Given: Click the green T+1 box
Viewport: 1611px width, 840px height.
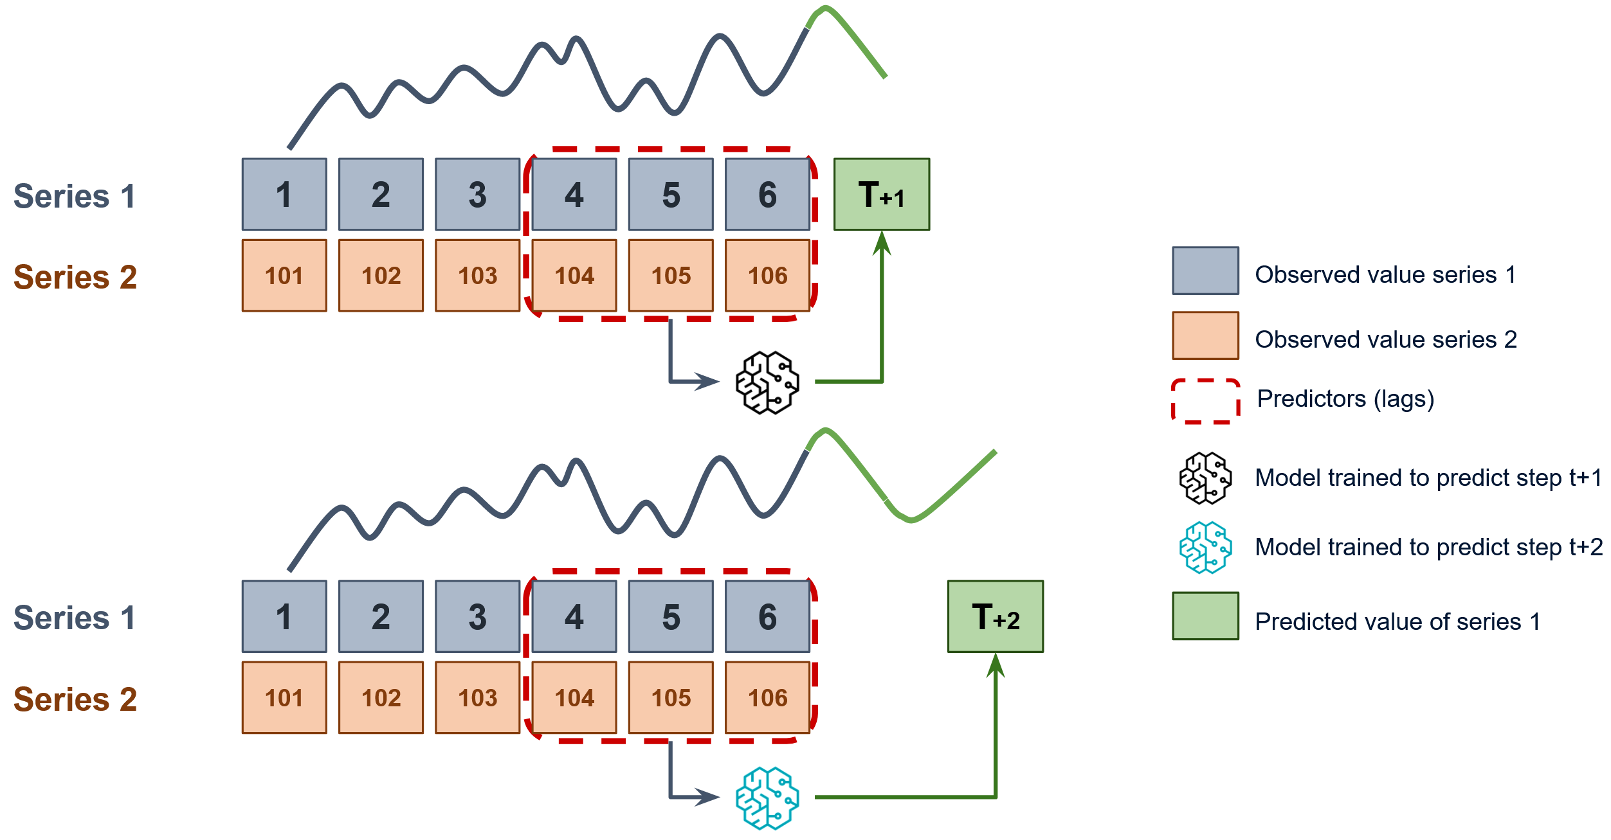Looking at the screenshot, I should click(x=881, y=194).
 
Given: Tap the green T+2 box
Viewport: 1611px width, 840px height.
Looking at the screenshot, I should click(x=995, y=616).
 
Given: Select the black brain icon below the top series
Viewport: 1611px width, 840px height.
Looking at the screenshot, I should click(x=767, y=382).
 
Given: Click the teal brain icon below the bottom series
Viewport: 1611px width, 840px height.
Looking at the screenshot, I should click(x=767, y=798).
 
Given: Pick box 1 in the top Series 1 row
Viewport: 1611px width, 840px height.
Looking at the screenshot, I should click(x=284, y=194).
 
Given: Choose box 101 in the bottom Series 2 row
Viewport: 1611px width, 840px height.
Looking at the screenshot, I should click(x=284, y=697).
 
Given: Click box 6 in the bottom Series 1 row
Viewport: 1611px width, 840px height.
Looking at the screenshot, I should click(x=767, y=616).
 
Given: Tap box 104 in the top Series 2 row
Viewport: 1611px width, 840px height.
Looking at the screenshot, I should click(x=574, y=275).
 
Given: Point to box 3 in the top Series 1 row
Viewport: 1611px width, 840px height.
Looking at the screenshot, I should click(x=477, y=194).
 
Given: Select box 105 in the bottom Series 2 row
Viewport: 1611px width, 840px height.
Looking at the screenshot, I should click(x=671, y=697).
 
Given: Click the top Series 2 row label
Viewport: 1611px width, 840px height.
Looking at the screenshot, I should click(x=75, y=277).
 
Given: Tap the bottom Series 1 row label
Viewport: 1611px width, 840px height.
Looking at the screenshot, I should click(x=75, y=618).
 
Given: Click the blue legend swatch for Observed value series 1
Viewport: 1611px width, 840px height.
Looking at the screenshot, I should click(x=1205, y=271).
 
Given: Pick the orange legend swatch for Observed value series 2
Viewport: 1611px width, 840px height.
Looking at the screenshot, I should click(x=1205, y=335).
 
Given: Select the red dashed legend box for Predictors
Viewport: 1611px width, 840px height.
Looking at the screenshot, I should click(x=1205, y=401).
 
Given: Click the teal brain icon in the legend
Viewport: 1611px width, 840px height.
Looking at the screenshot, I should click(x=1205, y=547).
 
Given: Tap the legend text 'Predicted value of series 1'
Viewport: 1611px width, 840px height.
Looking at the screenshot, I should click(x=1397, y=621).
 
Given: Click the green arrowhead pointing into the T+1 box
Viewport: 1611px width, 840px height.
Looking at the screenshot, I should click(x=882, y=243).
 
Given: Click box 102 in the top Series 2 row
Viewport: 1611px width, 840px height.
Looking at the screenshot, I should click(x=381, y=275).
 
